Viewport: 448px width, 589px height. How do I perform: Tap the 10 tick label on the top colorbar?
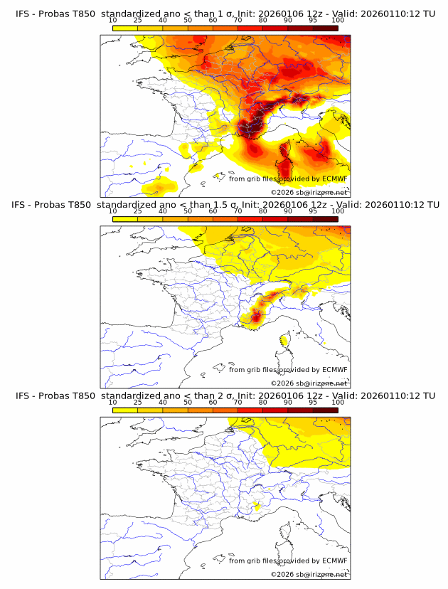click(112, 21)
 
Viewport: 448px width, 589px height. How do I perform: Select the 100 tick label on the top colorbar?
click(338, 21)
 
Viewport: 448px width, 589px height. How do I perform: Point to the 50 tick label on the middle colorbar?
click(188, 211)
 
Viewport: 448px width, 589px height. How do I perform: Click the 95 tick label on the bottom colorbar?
click(313, 402)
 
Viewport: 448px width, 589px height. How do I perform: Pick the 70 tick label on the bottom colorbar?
click(238, 402)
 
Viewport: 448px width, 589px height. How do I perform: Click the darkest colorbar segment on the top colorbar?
click(325, 28)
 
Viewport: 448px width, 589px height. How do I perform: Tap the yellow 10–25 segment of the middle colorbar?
click(125, 218)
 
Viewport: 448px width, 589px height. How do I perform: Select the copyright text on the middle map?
click(309, 383)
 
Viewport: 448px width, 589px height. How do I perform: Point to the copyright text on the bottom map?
click(309, 574)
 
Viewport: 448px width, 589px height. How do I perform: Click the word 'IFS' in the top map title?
click(23, 14)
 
